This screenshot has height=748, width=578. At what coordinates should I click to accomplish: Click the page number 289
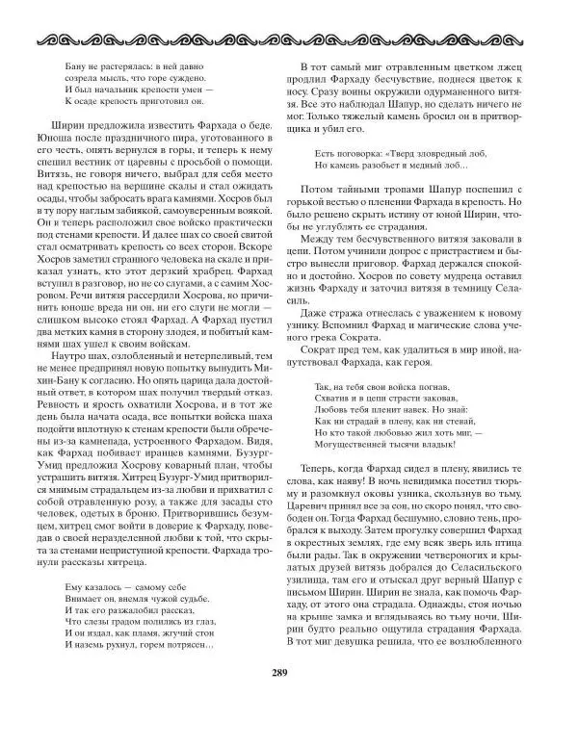point(289,702)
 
